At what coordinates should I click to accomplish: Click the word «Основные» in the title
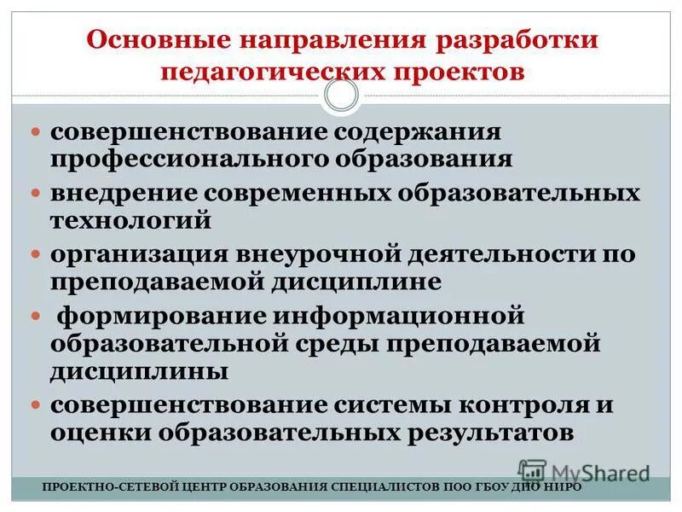162,42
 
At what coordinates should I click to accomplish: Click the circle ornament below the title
341,96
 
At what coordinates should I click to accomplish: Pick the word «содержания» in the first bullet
416,135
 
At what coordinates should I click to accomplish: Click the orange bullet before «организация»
36,255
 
